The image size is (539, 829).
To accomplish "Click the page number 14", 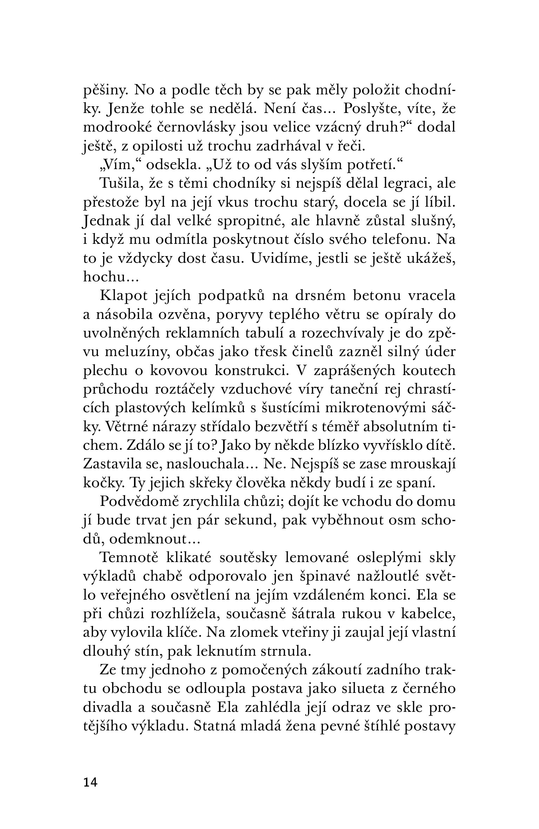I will point(90,782).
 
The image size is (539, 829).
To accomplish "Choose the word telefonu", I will point(394,240).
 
